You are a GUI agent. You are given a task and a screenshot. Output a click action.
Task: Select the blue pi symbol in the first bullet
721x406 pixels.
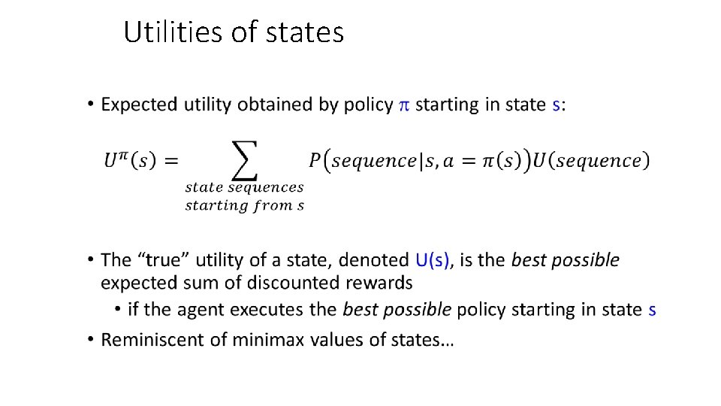tap(403, 105)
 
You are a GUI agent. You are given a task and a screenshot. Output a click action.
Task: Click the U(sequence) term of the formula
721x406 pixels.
tap(591, 160)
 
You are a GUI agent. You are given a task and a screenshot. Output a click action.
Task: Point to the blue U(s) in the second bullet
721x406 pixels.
tap(433, 260)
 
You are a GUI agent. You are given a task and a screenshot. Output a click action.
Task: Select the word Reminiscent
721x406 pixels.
tap(153, 339)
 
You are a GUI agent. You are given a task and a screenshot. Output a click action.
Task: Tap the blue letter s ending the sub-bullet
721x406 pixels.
tap(652, 309)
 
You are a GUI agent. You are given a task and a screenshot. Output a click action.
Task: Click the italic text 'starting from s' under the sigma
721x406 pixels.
tap(245, 205)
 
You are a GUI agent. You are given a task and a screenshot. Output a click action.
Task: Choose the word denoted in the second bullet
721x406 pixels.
tap(373, 260)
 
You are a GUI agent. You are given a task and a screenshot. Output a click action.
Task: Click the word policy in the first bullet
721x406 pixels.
tap(367, 105)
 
